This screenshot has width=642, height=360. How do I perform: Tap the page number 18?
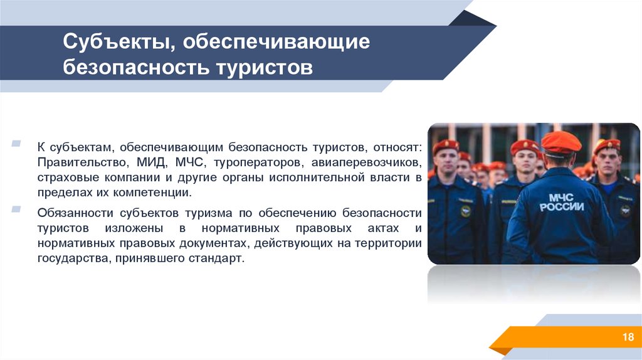pos(628,338)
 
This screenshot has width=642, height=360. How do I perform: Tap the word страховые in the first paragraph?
pos(63,177)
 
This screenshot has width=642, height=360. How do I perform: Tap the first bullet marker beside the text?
pos(15,145)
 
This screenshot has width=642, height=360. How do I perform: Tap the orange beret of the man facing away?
pos(560,142)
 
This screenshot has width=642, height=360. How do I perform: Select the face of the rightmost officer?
pos(606,161)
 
